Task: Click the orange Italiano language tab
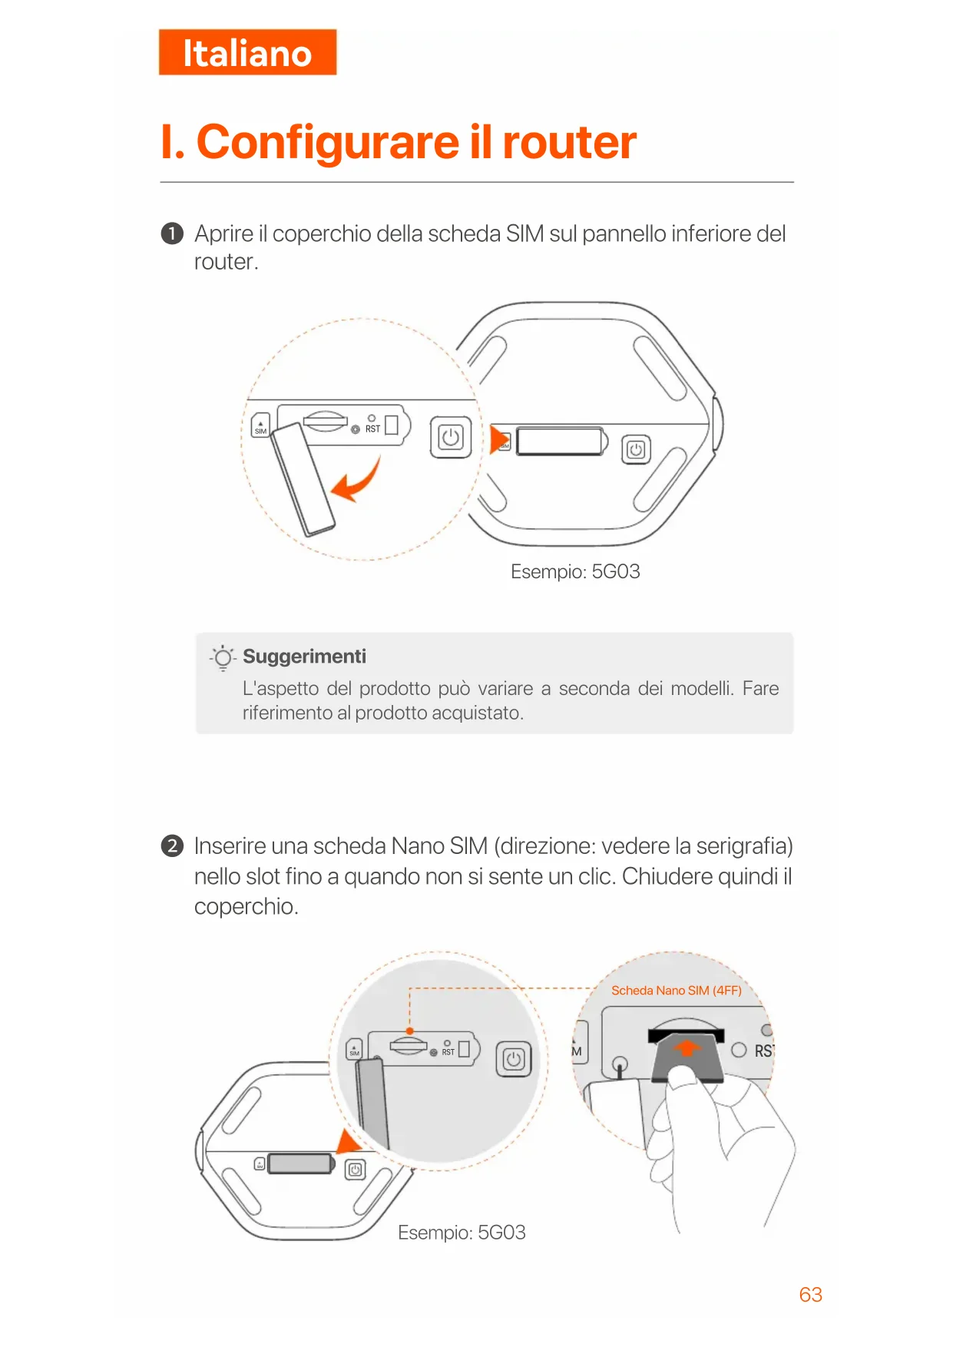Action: [x=247, y=53]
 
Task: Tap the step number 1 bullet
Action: [x=172, y=233]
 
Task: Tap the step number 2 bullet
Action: [x=172, y=846]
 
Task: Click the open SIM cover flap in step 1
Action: [x=303, y=479]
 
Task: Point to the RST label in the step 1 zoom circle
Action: [x=372, y=429]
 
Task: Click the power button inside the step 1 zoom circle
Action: [x=451, y=438]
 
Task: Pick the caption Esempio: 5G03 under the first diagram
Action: [x=575, y=572]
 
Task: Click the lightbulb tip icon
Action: [x=223, y=658]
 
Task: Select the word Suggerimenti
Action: [x=304, y=657]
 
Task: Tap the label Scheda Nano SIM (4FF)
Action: [x=676, y=991]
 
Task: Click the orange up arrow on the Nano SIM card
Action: [x=687, y=1047]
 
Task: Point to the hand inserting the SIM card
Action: [x=714, y=1137]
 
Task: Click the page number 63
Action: [x=810, y=1295]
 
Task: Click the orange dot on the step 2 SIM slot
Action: [x=410, y=1031]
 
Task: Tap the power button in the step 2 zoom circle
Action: [x=514, y=1060]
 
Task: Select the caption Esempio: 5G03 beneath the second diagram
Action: [x=462, y=1233]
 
